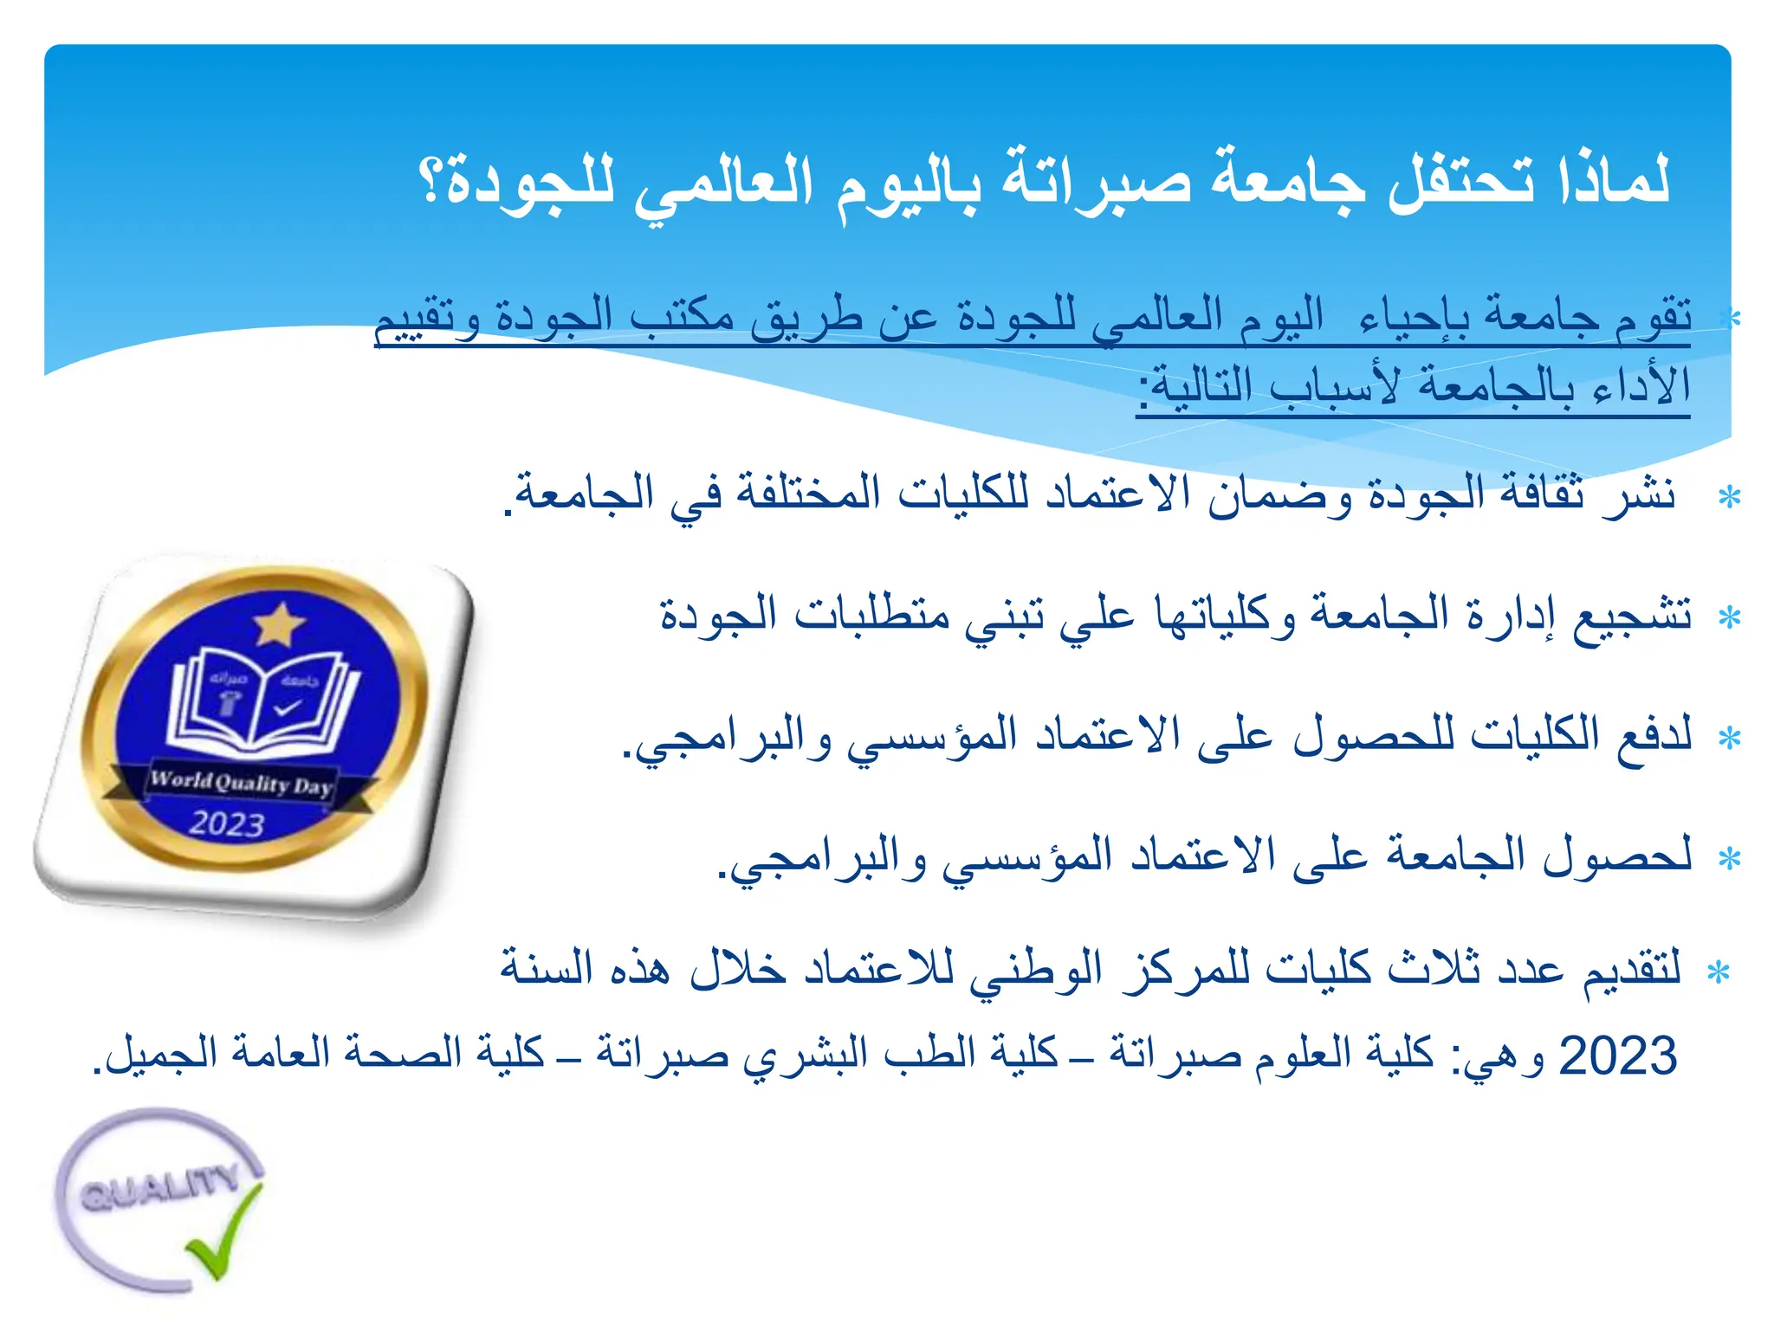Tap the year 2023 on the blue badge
227,823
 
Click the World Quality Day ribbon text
241,783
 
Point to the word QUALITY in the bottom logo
159,1188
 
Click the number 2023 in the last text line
1617,1056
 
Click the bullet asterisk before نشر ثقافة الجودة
1729,498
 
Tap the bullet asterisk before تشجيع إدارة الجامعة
1729,618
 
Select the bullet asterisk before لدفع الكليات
1729,739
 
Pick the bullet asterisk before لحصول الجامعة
1729,859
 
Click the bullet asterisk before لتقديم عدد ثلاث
1718,972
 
